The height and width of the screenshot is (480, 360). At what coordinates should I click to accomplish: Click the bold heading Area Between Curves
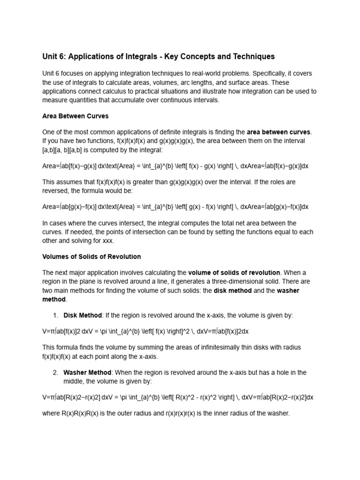[x=75, y=116]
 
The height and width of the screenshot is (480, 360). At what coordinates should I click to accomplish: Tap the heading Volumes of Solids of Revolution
[x=91, y=256]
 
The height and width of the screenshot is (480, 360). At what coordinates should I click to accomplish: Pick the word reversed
[x=56, y=191]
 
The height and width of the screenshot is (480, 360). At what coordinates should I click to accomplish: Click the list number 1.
[x=55, y=315]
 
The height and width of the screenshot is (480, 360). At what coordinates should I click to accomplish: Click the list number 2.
[x=55, y=373]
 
